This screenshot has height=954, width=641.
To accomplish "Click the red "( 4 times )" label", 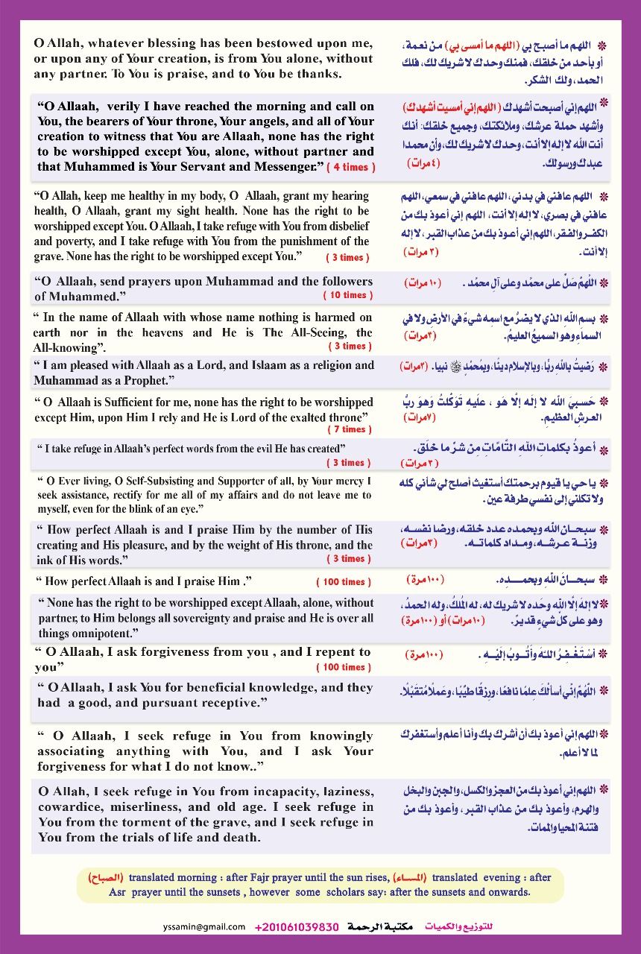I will pos(351,167).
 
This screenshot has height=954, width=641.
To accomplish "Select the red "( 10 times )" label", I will pos(344,295).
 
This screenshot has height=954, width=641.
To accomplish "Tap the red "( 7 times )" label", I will pos(347,429).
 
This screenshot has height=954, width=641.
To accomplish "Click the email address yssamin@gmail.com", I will pos(203,926).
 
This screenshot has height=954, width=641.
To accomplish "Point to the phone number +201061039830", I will pos(297,926).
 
